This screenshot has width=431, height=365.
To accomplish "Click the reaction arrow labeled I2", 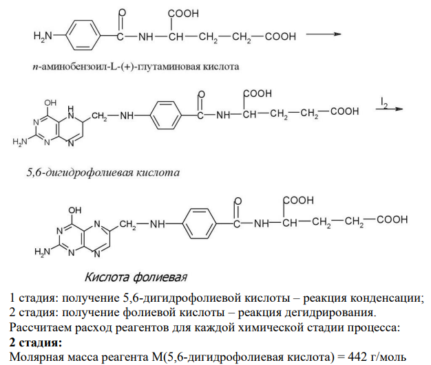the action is [389, 109].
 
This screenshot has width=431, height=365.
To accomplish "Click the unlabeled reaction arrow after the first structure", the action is [324, 34].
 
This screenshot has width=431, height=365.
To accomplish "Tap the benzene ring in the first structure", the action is [83, 35].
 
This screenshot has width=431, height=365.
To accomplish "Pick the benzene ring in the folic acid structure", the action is [199, 223].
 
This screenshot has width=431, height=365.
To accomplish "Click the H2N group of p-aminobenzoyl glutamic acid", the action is [43, 36].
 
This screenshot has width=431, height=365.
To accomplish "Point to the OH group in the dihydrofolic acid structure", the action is [50, 103].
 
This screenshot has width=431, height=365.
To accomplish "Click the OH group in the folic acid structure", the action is [75, 210].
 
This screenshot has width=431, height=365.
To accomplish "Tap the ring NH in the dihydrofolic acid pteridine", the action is [71, 113].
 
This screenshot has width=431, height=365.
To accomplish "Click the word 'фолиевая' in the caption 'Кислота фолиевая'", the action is [160, 277].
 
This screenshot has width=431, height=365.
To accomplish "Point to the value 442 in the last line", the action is [357, 357].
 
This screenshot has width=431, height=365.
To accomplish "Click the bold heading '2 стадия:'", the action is [36, 342].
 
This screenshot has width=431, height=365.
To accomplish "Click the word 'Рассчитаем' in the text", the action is [41, 328].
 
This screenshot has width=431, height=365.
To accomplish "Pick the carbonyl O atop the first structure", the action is [122, 12].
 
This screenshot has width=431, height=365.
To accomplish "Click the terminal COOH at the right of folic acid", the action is [392, 219].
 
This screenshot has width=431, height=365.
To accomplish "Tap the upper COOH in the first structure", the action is [183, 14].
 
